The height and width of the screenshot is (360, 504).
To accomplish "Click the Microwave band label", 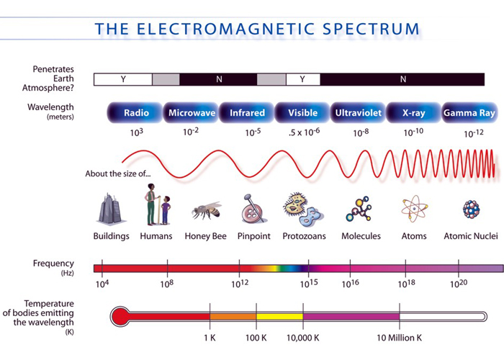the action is pyautogui.click(x=192, y=113).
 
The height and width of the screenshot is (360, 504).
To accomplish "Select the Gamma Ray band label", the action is pyautogui.click(x=469, y=113).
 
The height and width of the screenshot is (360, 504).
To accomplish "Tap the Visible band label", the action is pyautogui.click(x=303, y=113).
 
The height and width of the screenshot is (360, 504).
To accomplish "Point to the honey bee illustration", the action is pyautogui.click(x=207, y=211).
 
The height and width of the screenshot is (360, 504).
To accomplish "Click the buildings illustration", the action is pyautogui.click(x=111, y=209).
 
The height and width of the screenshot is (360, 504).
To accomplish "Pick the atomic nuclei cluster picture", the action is pyautogui.click(x=471, y=209).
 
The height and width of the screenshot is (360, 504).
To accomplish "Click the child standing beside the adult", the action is pyautogui.click(x=166, y=210).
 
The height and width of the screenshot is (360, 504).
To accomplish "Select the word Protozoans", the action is pyautogui.click(x=304, y=236).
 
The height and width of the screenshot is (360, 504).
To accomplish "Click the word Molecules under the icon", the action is pyautogui.click(x=361, y=236).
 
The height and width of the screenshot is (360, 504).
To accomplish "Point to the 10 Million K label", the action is pyautogui.click(x=399, y=338).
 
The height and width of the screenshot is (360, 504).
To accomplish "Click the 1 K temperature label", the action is pyautogui.click(x=210, y=338).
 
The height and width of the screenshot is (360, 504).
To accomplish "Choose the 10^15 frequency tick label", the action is pyautogui.click(x=309, y=284).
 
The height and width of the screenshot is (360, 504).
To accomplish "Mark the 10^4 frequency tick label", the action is pyautogui.click(x=102, y=284).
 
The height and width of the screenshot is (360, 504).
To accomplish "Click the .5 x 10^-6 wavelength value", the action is pyautogui.click(x=304, y=132).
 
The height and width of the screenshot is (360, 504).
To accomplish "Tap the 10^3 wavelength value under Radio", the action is pyautogui.click(x=136, y=132).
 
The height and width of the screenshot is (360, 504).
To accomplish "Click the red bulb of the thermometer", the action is pyautogui.click(x=120, y=317).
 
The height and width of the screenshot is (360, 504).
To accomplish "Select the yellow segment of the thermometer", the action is pyautogui.click(x=279, y=317).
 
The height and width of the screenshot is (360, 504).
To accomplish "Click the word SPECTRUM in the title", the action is pyautogui.click(x=371, y=29).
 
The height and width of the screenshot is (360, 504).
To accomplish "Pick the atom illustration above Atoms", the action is pyautogui.click(x=414, y=209).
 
